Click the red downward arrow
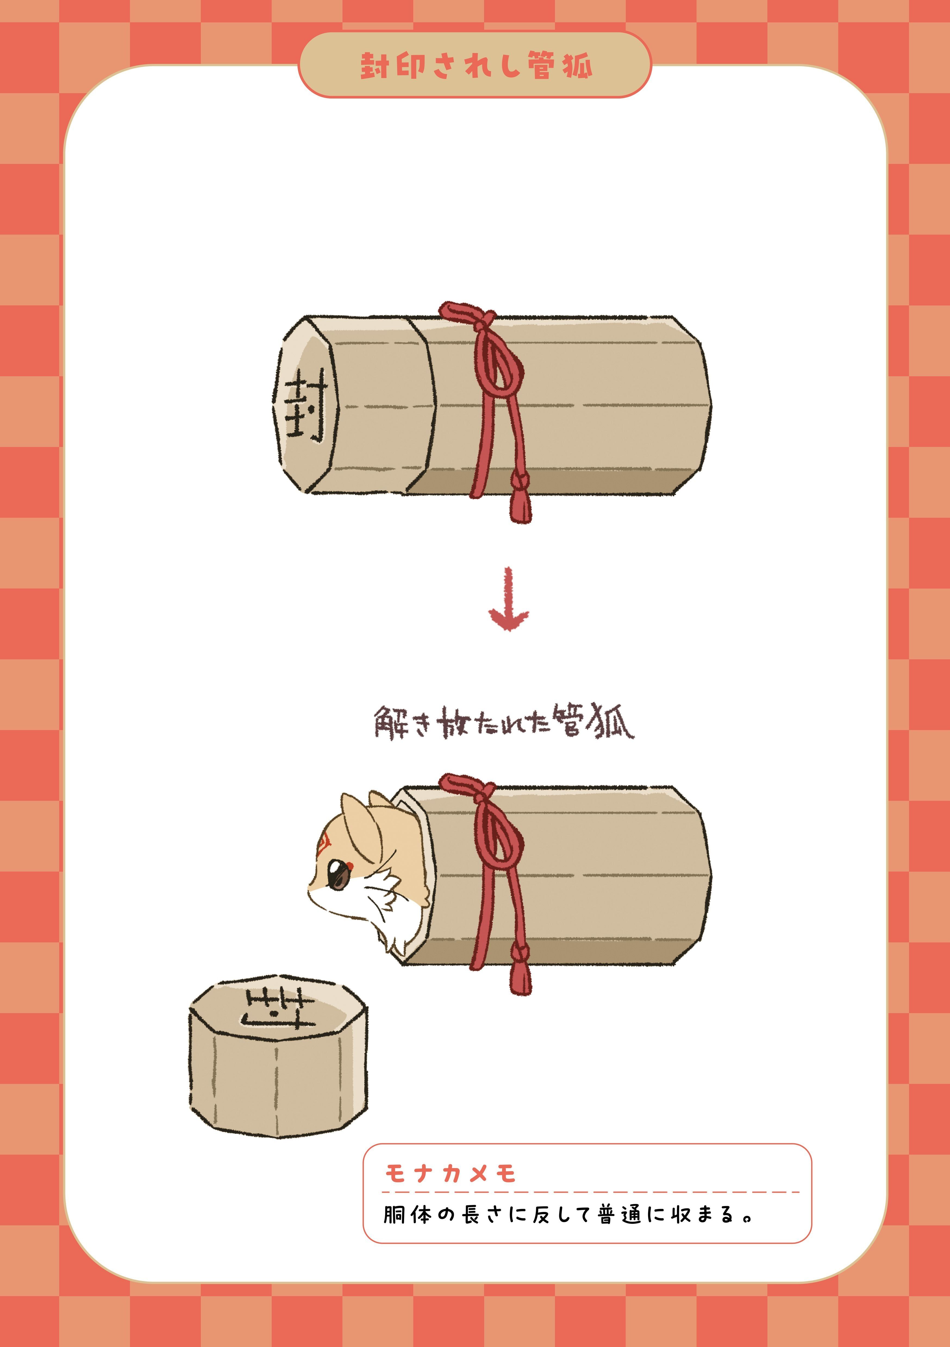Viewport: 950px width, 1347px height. pos(508,598)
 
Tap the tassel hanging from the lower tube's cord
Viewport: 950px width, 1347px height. pos(520,969)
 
